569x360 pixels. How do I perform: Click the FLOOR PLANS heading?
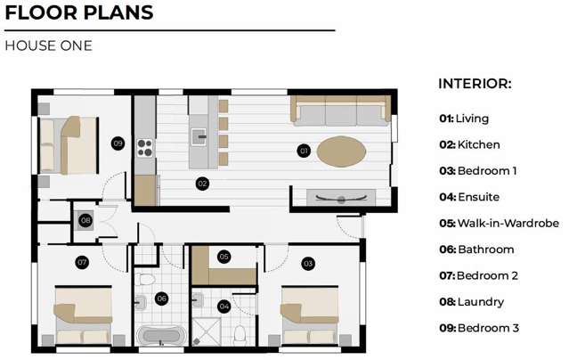click(x=79, y=13)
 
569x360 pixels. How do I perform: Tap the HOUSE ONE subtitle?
click(x=48, y=45)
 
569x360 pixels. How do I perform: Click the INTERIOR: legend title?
click(x=475, y=84)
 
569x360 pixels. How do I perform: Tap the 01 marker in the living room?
click(x=303, y=151)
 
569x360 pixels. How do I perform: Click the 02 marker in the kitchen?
click(x=202, y=184)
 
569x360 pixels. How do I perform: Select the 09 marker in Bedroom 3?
click(x=118, y=143)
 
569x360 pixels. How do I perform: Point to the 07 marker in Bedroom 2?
click(x=82, y=262)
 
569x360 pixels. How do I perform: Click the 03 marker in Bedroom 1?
click(x=308, y=263)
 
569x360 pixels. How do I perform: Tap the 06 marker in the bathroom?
click(x=161, y=299)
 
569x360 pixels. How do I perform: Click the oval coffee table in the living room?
click(x=340, y=151)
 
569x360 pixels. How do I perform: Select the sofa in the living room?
click(x=339, y=111)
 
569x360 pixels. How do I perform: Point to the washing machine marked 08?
click(x=85, y=219)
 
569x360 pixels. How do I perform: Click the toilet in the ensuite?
click(x=240, y=334)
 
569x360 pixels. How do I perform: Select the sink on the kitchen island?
click(x=200, y=137)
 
